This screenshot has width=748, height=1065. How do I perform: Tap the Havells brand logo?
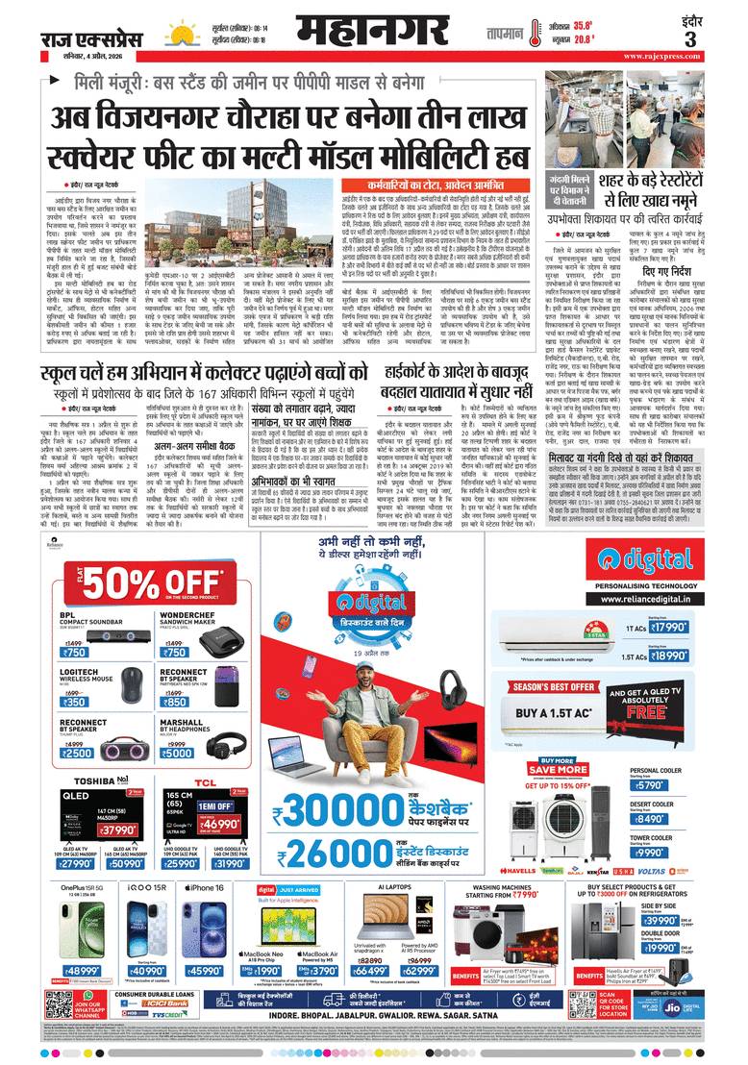pos(532,871)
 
